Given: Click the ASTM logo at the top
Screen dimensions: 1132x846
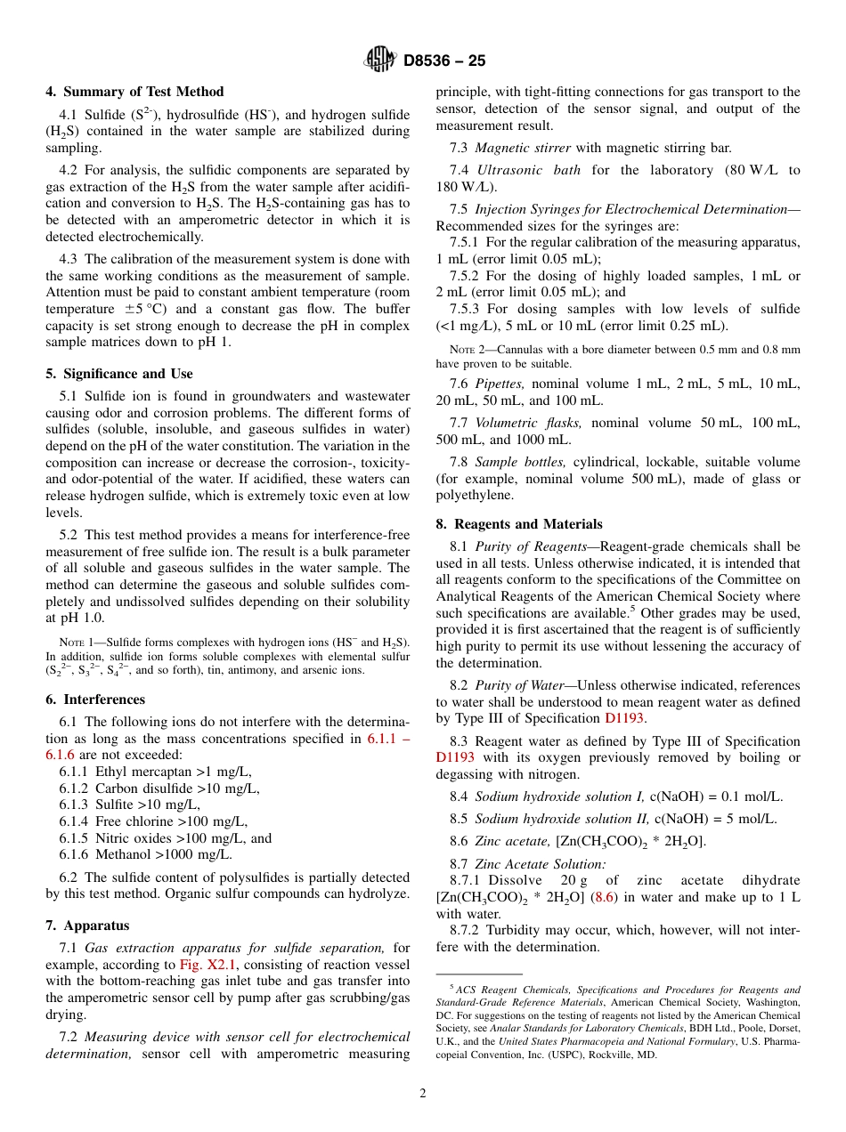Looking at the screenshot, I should (x=380, y=61).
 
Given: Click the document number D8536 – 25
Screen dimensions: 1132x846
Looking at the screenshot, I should (x=444, y=61).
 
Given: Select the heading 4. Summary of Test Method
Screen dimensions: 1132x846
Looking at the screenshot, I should (x=134, y=92).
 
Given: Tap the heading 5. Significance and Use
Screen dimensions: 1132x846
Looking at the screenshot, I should (x=118, y=374).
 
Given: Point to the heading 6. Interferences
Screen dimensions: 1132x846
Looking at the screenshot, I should (x=95, y=699).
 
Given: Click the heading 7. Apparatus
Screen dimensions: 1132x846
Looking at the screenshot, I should (x=87, y=926).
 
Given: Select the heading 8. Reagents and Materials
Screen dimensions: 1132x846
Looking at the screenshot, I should (x=519, y=524).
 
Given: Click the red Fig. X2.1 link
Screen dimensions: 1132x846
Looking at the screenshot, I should (x=207, y=965).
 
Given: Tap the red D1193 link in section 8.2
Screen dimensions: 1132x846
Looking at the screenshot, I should (x=625, y=718).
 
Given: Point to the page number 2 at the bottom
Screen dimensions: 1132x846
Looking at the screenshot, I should (x=423, y=1093).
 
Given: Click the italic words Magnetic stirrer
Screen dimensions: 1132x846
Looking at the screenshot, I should (x=523, y=148).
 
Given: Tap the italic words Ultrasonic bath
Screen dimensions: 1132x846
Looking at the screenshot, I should (x=529, y=170).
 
